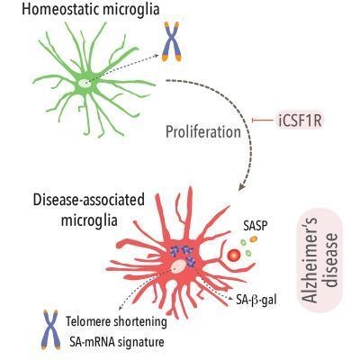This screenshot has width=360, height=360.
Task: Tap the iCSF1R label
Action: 300,121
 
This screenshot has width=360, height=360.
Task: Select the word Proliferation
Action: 203,132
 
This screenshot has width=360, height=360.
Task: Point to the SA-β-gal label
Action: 256,300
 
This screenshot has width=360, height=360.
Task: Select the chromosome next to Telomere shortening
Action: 50,329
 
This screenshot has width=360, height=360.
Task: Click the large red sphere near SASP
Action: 234,256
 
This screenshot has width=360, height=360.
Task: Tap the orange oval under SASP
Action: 254,238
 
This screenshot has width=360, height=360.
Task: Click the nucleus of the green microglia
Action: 84,83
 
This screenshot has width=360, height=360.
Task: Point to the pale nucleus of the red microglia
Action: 179,265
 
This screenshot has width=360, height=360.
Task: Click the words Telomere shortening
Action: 116,322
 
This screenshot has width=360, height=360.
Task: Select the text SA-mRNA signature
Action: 115,342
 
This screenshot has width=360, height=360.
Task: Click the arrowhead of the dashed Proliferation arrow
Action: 242,186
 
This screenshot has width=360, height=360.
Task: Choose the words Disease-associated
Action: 89,201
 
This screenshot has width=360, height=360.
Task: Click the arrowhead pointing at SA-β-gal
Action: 230,298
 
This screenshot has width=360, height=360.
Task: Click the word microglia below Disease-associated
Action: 89,220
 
